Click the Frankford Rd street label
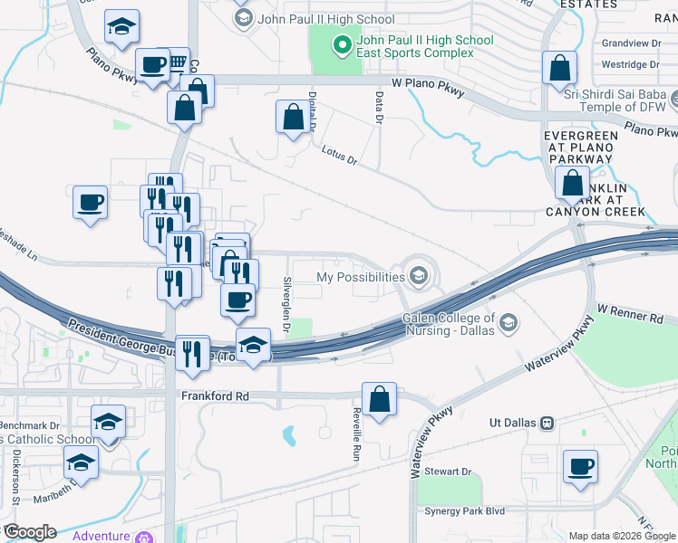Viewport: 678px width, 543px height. (214, 396)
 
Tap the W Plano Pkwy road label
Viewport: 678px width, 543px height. (428, 87)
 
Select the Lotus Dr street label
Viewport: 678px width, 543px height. (340, 157)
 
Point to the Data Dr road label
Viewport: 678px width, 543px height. (378, 110)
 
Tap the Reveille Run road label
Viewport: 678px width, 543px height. (356, 435)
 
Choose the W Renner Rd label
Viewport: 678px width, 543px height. (631, 316)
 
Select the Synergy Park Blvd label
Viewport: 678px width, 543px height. (464, 511)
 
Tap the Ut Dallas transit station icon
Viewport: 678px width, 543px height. (547, 423)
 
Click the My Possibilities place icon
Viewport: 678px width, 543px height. (419, 276)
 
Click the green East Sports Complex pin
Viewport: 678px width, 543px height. (342, 43)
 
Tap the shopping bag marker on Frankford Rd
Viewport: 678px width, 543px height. (379, 398)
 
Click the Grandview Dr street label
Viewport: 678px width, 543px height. (632, 43)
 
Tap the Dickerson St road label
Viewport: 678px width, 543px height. (16, 474)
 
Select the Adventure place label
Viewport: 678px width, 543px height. (101, 536)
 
